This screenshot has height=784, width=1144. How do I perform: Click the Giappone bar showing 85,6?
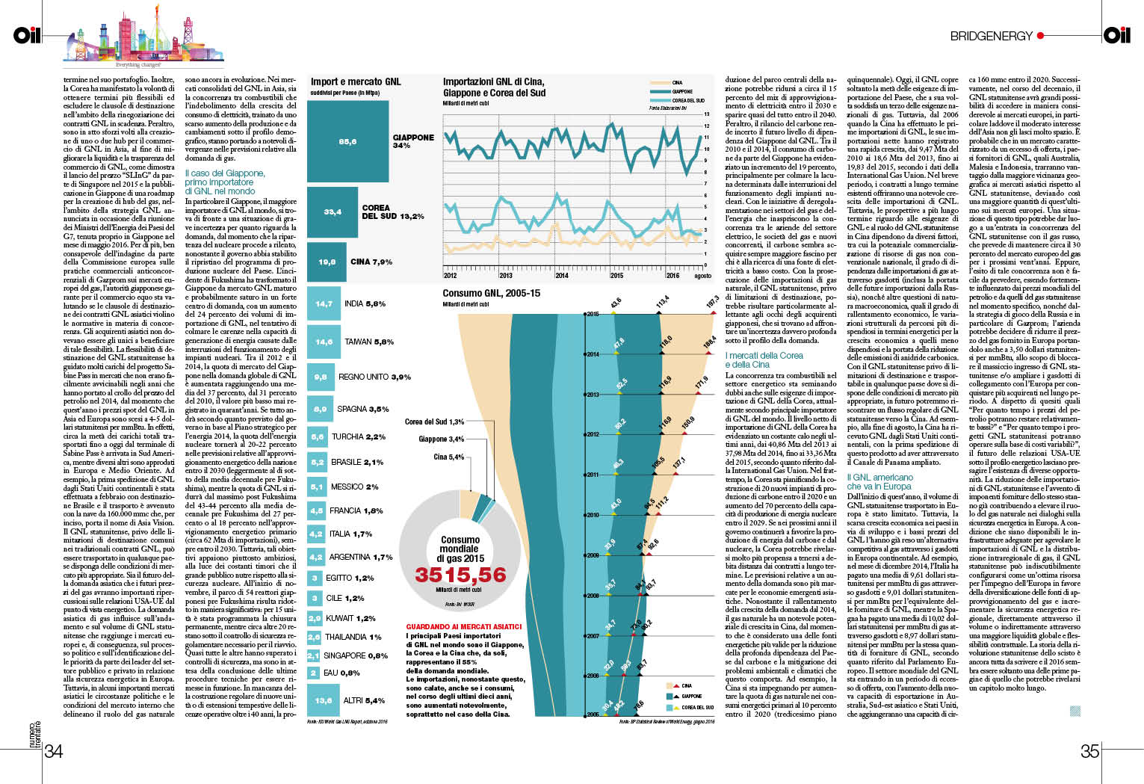(347, 141)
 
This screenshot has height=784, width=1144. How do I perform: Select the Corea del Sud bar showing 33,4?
(333, 212)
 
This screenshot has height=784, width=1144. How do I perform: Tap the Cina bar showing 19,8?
(327, 262)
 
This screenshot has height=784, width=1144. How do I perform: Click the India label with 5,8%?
(365, 304)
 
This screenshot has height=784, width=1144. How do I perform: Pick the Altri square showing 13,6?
(324, 700)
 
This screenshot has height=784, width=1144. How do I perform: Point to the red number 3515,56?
(460, 575)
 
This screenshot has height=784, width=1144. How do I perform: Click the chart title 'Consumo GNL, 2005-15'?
(491, 294)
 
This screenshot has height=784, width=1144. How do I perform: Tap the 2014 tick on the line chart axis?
(561, 276)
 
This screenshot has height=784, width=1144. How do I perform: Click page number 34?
(53, 751)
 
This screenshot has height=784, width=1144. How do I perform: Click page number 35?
(1089, 751)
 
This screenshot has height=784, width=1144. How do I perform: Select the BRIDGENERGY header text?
(991, 36)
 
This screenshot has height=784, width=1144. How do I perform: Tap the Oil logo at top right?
(1117, 34)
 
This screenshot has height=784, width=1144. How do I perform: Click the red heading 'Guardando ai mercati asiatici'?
(463, 627)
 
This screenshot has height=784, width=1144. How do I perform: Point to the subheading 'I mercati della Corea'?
(764, 356)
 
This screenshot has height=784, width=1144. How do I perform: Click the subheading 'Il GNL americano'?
(879, 478)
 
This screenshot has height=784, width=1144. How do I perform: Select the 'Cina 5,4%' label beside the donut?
(448, 457)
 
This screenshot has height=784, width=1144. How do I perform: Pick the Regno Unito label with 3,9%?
(374, 377)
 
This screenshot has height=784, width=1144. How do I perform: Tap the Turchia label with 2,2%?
(359, 436)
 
